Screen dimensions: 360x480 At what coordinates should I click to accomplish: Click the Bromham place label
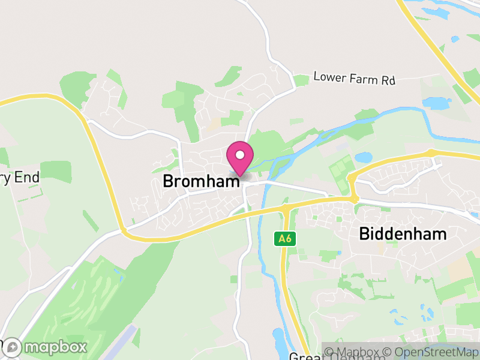click(x=202, y=181)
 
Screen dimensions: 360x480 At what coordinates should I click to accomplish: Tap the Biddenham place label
click(x=403, y=234)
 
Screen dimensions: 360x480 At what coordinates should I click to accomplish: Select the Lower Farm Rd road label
click(x=354, y=79)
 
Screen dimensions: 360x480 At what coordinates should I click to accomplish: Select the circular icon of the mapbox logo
click(x=13, y=347)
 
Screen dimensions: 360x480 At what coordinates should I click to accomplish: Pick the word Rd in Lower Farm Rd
click(x=388, y=79)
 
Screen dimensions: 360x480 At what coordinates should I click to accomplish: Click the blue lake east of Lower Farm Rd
click(x=436, y=103)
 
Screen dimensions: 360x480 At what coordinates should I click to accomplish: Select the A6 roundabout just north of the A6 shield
click(x=286, y=208)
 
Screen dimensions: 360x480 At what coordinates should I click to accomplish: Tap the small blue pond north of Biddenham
click(x=364, y=158)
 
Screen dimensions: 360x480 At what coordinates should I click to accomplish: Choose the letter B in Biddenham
click(x=364, y=234)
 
